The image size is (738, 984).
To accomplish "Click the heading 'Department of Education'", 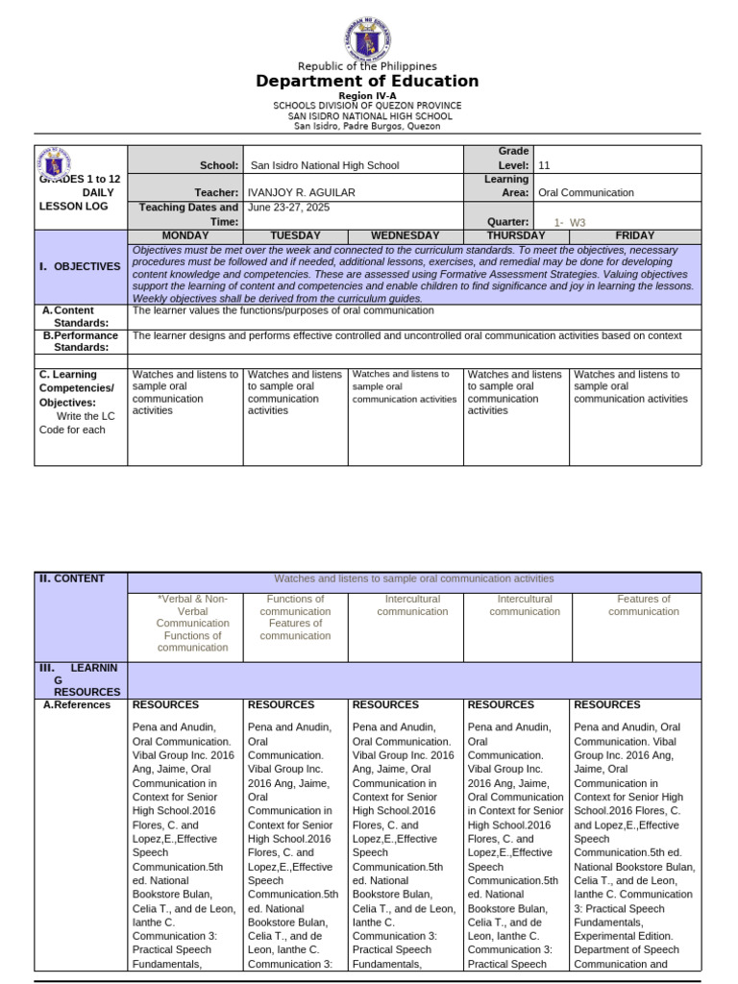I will pos(367,82).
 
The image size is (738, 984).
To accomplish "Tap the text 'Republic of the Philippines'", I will pos(367,66).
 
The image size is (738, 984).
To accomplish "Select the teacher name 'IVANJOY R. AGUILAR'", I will pos(301,192).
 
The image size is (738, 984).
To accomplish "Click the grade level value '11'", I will pos(545,165).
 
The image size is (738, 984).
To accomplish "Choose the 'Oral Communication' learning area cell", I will pos(586,192).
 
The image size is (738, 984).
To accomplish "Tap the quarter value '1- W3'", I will pos(570,222).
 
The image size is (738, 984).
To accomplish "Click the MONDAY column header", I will pos(184,235).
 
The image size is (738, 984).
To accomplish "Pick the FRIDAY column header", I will pos(634,235).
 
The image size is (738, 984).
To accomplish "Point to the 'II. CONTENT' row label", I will pos(72,578).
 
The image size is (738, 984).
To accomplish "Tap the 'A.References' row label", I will pos(75,704).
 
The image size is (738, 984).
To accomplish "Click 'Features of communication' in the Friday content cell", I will pos(643,604).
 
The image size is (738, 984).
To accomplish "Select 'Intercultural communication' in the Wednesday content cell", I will pos(412,604).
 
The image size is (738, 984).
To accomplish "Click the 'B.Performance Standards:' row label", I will pos(81,341).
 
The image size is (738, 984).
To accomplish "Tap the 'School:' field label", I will pos(219,165).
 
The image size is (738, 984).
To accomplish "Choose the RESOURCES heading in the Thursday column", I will pos(500,704).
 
